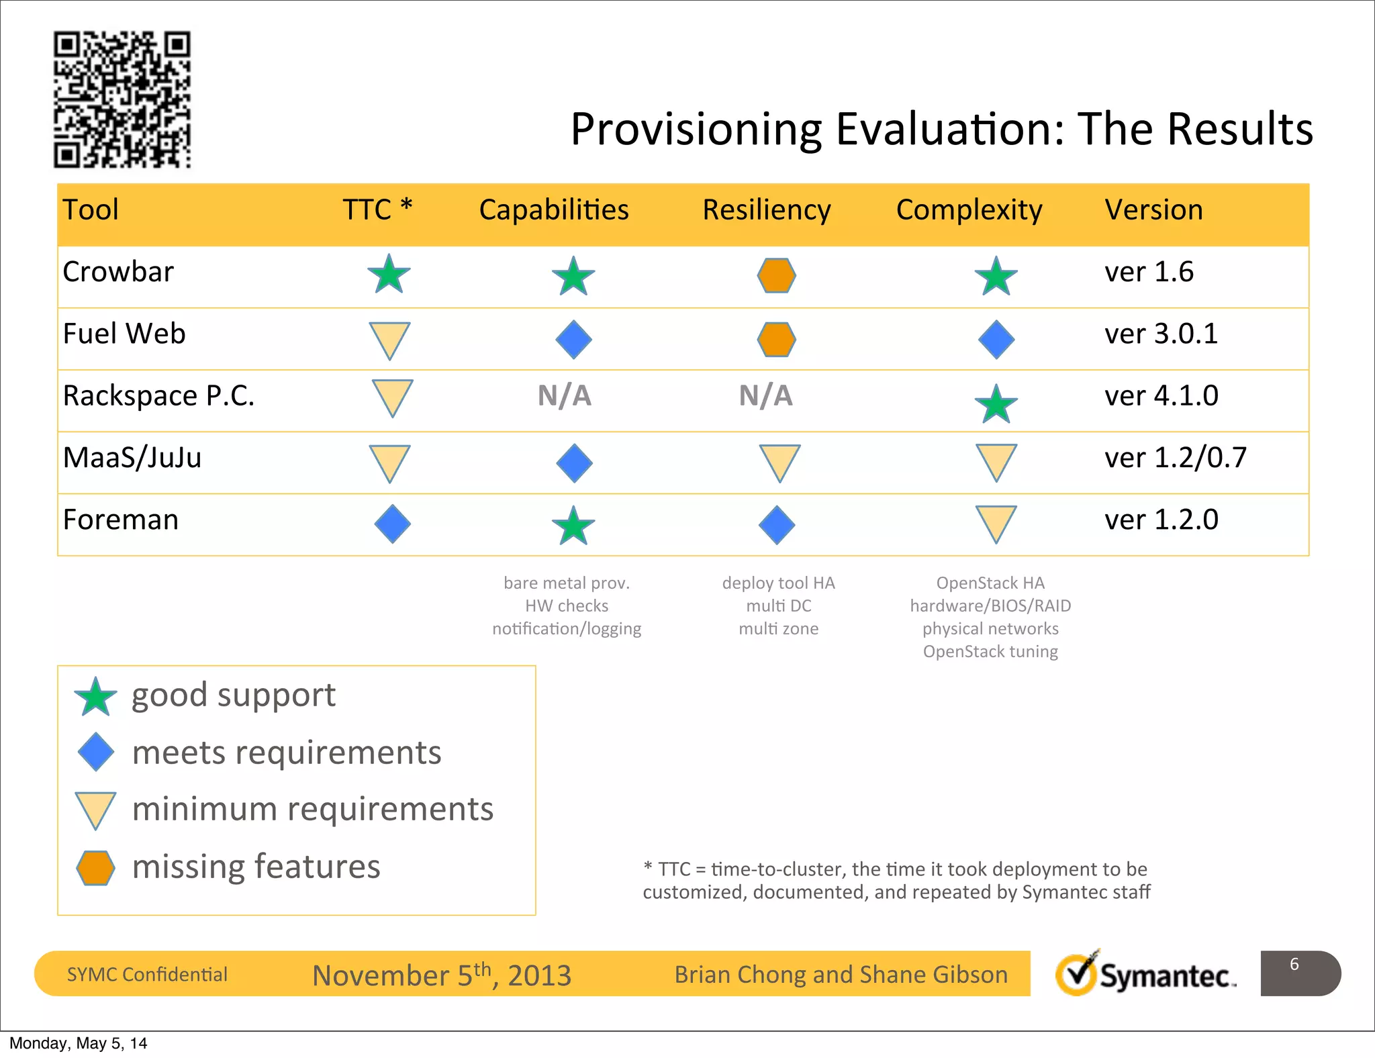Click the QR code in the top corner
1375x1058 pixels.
[122, 99]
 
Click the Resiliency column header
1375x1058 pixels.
[766, 210]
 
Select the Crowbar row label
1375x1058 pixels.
[118, 272]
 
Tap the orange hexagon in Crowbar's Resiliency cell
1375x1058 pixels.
[777, 276]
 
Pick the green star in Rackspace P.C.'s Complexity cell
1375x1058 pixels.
[996, 405]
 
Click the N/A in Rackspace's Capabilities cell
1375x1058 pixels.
[565, 396]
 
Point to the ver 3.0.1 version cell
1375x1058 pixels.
[1161, 334]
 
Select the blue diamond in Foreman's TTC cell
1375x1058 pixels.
[393, 524]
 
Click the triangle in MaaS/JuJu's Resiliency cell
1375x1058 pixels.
[779, 462]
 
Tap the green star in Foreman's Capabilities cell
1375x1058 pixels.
[573, 526]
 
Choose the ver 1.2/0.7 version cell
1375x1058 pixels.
[1176, 459]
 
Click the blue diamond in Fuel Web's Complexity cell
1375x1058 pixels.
[996, 340]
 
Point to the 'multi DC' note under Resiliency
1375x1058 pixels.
[779, 606]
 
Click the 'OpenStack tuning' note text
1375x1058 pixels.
[990, 652]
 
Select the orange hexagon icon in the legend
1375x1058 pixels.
[95, 868]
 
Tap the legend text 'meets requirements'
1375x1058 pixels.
[287, 753]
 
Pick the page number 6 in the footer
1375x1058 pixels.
[1294, 965]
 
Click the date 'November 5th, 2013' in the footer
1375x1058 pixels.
[442, 975]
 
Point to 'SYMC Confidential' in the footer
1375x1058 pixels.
[147, 975]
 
